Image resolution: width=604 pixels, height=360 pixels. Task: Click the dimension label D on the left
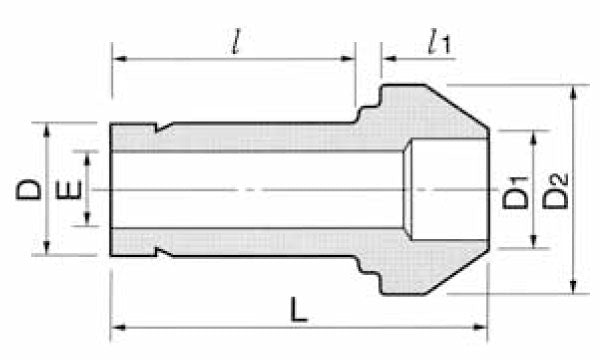(30, 188)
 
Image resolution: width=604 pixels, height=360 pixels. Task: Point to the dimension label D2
(556, 190)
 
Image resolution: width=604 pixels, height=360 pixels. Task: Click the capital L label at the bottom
(298, 311)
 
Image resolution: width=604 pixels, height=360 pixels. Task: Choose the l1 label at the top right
(437, 41)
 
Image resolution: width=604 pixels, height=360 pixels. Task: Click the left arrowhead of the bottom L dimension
(116, 326)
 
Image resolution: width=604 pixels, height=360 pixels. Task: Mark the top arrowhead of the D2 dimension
(573, 93)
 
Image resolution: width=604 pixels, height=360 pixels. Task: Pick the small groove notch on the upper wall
(163, 128)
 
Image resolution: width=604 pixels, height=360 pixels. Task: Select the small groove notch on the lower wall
(163, 251)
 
